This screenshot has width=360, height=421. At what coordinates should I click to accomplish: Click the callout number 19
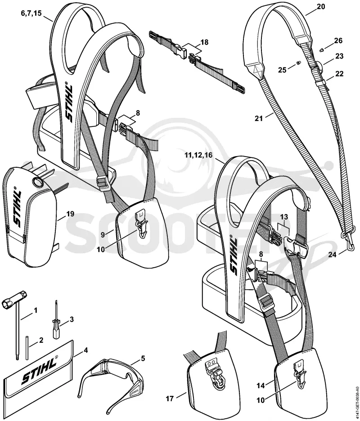pyautogui.click(x=70, y=214)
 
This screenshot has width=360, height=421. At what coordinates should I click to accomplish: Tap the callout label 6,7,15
pyautogui.click(x=31, y=13)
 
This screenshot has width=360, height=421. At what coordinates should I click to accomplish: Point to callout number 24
pyautogui.click(x=333, y=255)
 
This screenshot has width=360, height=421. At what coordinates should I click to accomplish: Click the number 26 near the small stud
pyautogui.click(x=338, y=40)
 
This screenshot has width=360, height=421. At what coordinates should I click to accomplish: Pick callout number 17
pyautogui.click(x=170, y=399)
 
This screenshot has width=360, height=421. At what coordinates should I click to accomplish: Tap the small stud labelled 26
pyautogui.click(x=322, y=49)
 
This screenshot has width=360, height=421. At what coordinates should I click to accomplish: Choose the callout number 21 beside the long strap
pyautogui.click(x=258, y=118)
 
